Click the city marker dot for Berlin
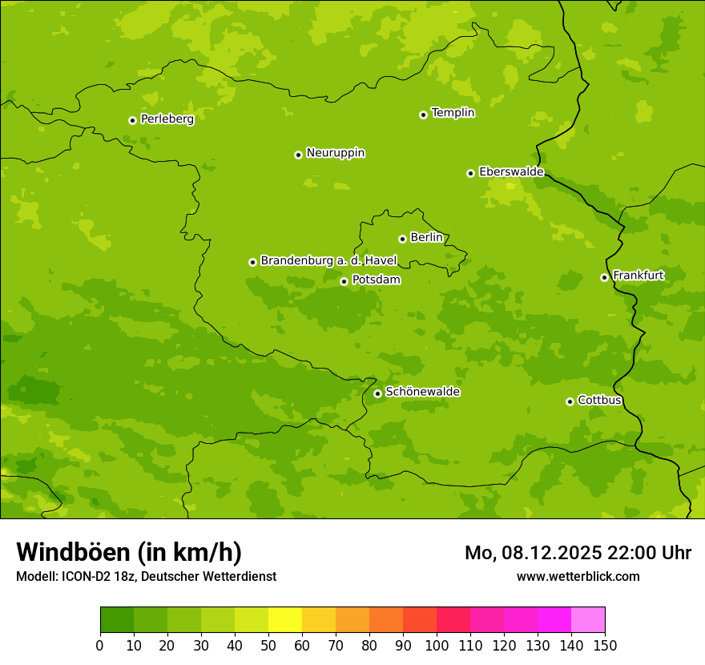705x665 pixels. [x=402, y=239]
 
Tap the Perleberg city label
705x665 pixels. [x=167, y=119]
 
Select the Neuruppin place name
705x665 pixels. [x=336, y=153]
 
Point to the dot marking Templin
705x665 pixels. [x=423, y=115]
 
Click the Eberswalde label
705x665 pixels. [x=511, y=172]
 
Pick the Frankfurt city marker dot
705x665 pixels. [x=604, y=277]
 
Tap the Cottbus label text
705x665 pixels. [x=599, y=400]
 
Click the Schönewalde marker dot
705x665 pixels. [x=377, y=393]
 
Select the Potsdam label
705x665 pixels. [x=376, y=280]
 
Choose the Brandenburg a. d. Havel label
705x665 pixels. [x=328, y=261]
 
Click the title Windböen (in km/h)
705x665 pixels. [x=129, y=552]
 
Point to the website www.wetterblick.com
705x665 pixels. [x=578, y=576]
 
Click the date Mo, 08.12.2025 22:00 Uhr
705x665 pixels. [x=578, y=553]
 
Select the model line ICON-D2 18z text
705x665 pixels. [x=146, y=576]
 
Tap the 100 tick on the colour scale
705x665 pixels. [x=437, y=645]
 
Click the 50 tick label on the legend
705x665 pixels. [x=268, y=645]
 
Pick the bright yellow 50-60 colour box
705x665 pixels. [x=285, y=620]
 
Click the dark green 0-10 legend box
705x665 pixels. [x=117, y=620]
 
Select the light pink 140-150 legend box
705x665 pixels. [x=588, y=620]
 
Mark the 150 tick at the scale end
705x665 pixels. [x=605, y=645]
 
